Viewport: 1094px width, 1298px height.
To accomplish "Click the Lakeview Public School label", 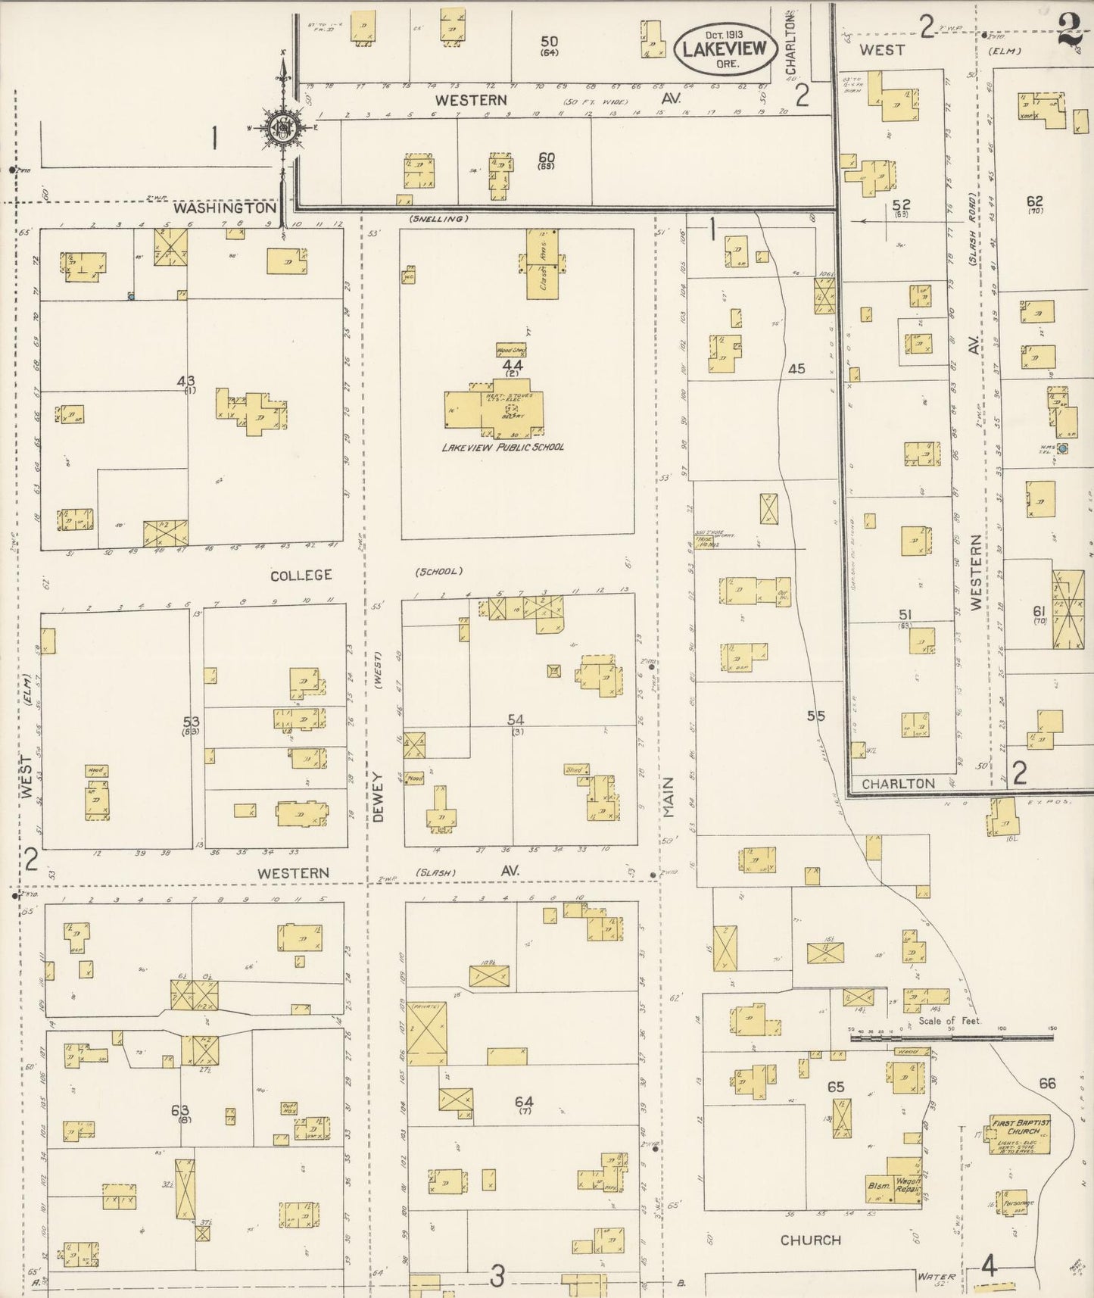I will click(x=503, y=447).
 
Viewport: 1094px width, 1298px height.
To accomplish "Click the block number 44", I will click(x=512, y=365).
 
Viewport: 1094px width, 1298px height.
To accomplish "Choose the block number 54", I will click(x=516, y=719).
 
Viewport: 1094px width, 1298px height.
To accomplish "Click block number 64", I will click(x=524, y=1101).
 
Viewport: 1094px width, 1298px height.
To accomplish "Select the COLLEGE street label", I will click(x=301, y=575).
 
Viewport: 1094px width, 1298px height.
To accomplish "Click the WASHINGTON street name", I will click(x=224, y=207).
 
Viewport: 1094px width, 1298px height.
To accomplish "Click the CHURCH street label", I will click(x=810, y=1240).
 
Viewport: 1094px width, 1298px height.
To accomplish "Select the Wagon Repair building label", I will click(x=907, y=1185).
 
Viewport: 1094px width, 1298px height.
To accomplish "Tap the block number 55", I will click(x=815, y=715).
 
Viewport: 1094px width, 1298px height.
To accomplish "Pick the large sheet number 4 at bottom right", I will click(x=989, y=1265).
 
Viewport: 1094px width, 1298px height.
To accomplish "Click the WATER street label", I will click(x=930, y=1276).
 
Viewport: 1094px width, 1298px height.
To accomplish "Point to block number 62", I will click(x=1034, y=201).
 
